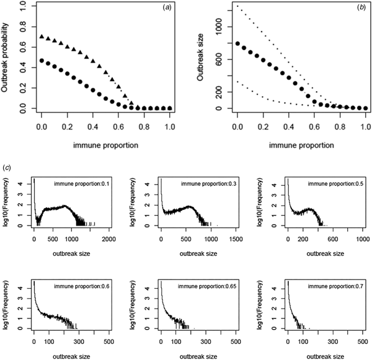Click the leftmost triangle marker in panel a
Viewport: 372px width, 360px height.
[42, 37]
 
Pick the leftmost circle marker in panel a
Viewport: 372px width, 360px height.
[42, 61]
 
